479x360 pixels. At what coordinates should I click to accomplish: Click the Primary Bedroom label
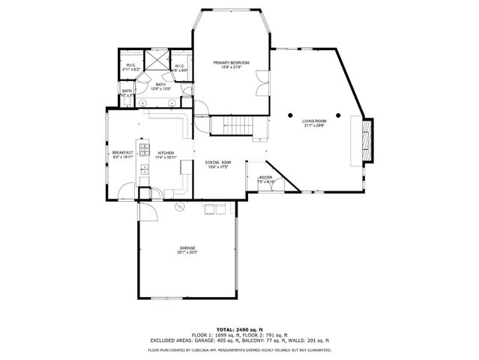(231, 62)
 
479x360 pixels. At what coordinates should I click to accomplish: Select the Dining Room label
(218, 162)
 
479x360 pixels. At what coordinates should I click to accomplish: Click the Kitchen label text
(166, 152)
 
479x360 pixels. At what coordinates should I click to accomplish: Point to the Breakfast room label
(122, 152)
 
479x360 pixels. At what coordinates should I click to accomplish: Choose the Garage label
(187, 247)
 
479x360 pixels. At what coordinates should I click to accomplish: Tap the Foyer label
(266, 178)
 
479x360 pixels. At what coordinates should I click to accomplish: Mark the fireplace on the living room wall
(367, 140)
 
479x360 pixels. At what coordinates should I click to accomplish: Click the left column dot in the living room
(293, 115)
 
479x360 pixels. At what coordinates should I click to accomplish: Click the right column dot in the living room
(339, 115)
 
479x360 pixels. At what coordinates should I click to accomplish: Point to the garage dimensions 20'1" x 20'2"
(187, 253)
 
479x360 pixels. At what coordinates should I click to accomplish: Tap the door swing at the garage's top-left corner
(147, 212)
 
